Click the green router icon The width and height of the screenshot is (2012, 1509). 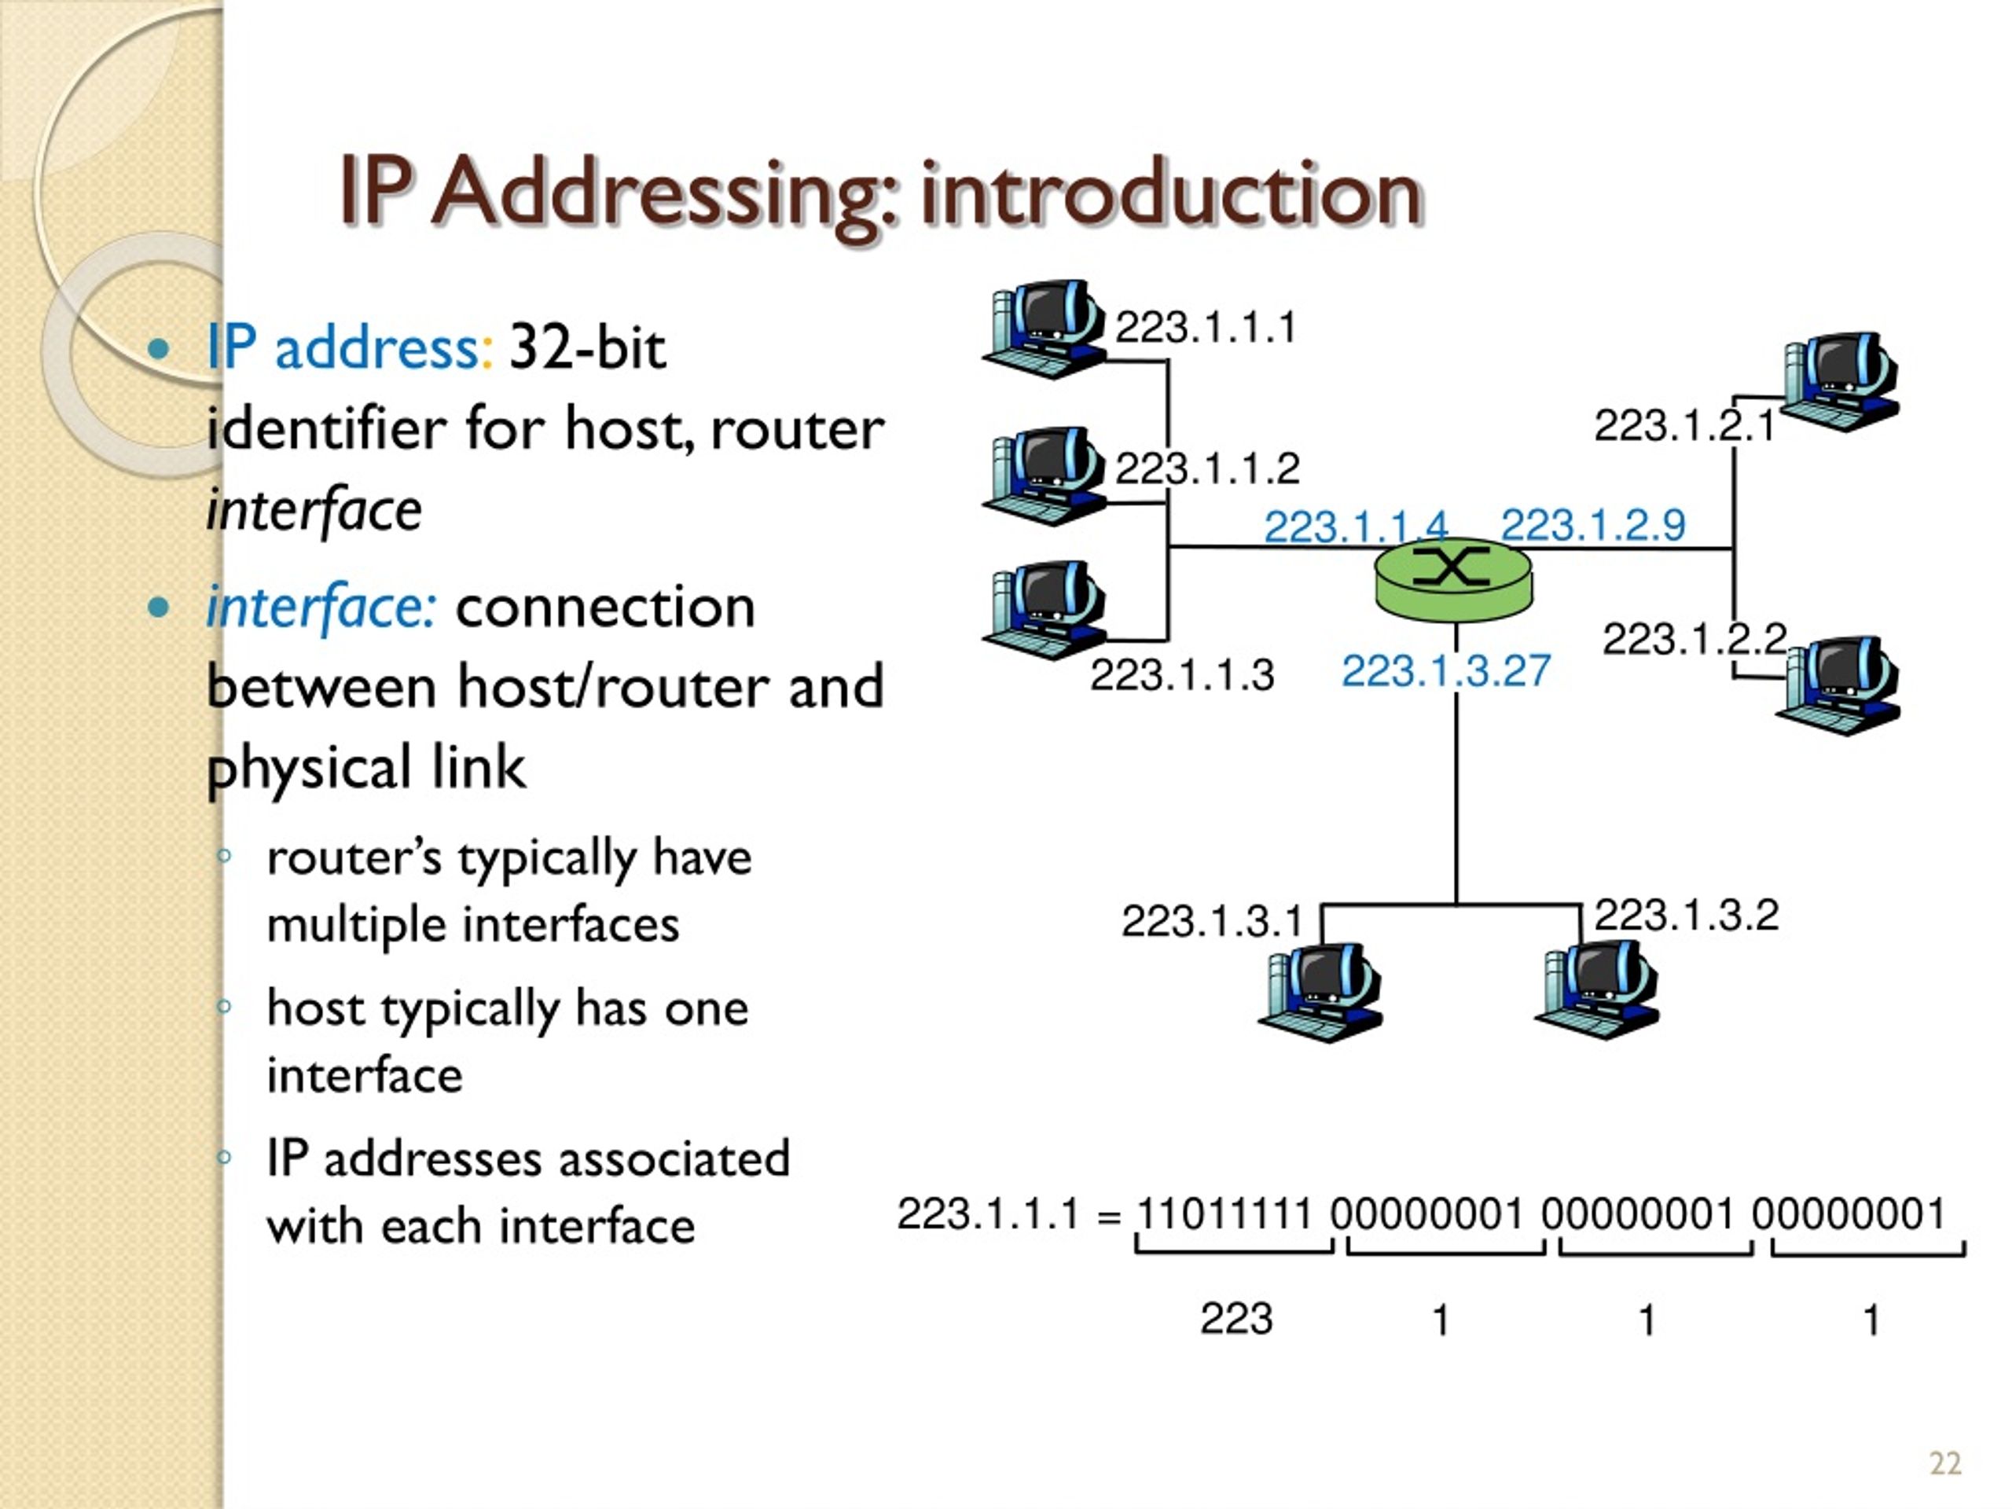[1453, 582]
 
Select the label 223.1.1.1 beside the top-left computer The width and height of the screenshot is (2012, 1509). [1205, 328]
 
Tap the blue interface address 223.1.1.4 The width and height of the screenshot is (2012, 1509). [1355, 526]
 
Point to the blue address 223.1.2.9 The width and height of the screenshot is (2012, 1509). [1592, 524]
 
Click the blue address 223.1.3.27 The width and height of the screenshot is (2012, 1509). [1445, 671]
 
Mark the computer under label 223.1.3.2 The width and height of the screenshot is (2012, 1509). [1598, 990]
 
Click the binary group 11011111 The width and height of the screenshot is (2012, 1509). [1224, 1213]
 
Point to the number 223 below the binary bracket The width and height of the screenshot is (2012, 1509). [1236, 1318]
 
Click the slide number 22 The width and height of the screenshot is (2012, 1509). [1944, 1463]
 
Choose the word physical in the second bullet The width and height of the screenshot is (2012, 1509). [309, 768]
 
